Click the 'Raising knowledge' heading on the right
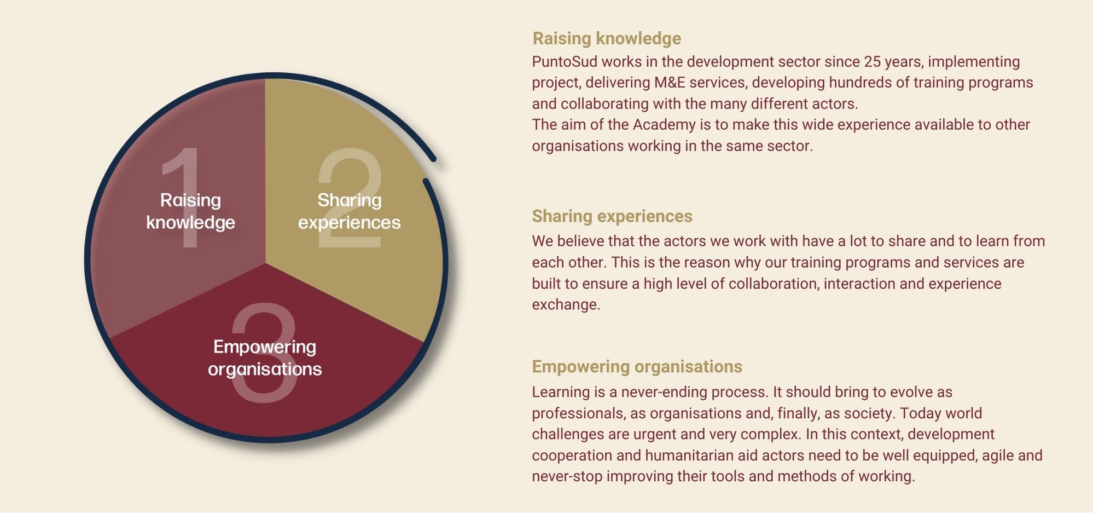[x=607, y=38]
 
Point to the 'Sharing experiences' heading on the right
[x=612, y=216]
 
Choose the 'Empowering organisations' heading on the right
[x=637, y=366]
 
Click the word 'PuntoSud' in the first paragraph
[x=565, y=62]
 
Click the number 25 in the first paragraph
[x=873, y=62]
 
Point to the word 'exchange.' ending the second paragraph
[x=566, y=305]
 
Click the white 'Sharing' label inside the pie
[x=350, y=200]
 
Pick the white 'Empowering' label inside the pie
[x=265, y=347]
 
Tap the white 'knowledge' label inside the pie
[x=190, y=222]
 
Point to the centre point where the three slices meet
[x=265, y=263]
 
